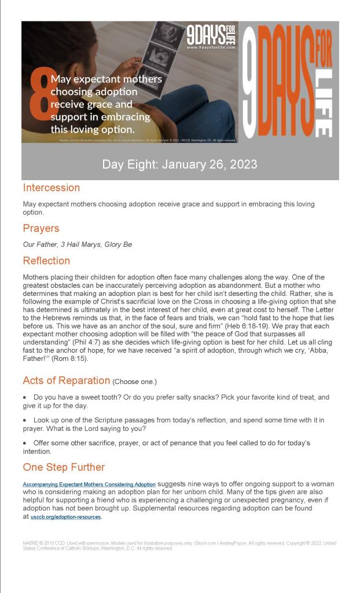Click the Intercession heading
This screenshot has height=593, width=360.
[x=52, y=188]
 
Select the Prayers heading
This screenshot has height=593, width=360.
[x=41, y=228]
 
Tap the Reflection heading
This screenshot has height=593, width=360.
[x=46, y=261]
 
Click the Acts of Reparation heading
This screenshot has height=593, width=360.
[x=67, y=380]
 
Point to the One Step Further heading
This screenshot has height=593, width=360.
[x=64, y=467]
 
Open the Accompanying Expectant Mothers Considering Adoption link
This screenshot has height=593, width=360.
[x=89, y=484]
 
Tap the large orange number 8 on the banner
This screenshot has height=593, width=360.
[x=39, y=98]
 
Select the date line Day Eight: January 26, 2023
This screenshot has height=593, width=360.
[x=179, y=164]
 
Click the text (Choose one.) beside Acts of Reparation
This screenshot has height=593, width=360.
[x=135, y=382]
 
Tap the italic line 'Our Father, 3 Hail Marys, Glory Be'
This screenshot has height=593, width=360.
[x=77, y=244]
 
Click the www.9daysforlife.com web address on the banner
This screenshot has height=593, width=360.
[x=211, y=47]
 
